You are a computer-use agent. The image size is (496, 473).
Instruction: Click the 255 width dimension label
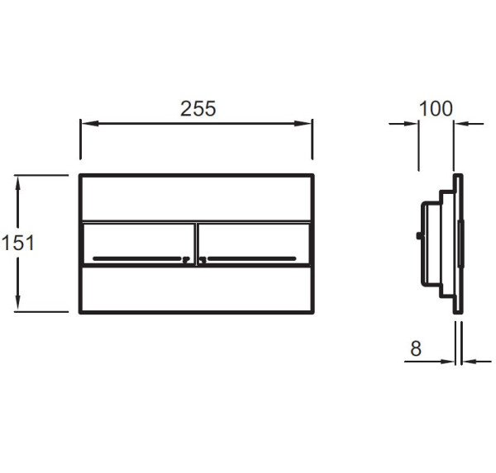pos(198,108)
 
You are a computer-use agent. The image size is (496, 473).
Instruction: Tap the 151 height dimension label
pos(17,243)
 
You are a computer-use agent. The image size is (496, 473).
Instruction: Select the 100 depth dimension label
pos(436,109)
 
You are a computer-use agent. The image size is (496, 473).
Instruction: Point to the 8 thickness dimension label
pos(416,348)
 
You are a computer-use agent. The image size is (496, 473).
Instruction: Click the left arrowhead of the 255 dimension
pos(90,123)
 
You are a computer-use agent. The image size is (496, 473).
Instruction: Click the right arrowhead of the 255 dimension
pos(303,123)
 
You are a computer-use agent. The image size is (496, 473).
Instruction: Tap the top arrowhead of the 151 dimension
pos(17,184)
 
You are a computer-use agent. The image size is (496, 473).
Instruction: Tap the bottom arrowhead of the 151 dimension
pos(17,303)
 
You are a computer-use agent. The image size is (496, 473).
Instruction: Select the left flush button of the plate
pos(138,244)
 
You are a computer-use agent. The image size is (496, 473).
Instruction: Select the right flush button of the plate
pos(253,244)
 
